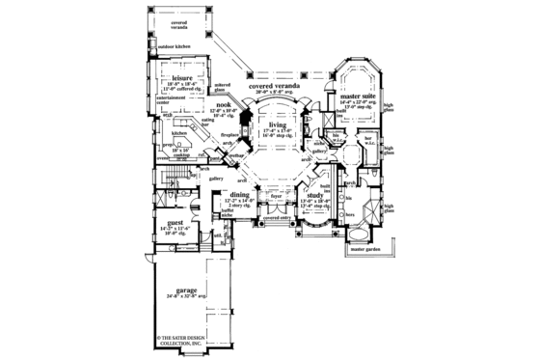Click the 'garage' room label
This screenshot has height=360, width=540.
point(176,290)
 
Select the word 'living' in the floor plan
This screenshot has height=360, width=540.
point(279,125)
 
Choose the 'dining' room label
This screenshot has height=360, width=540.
point(240,194)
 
